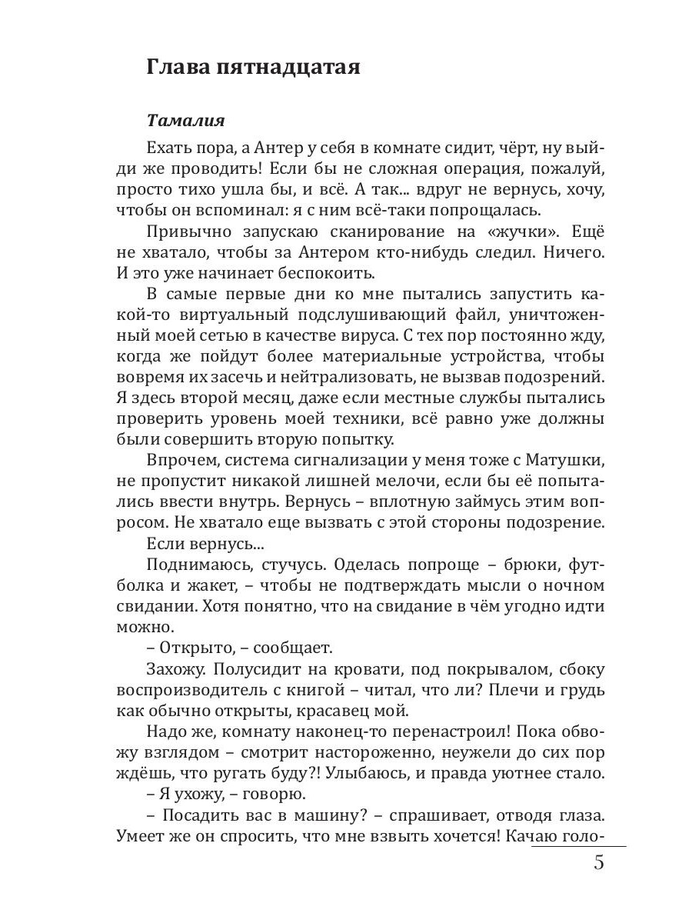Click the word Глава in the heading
[177, 68]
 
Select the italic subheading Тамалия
[185, 122]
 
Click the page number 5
[598, 862]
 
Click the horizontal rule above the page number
[577, 845]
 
